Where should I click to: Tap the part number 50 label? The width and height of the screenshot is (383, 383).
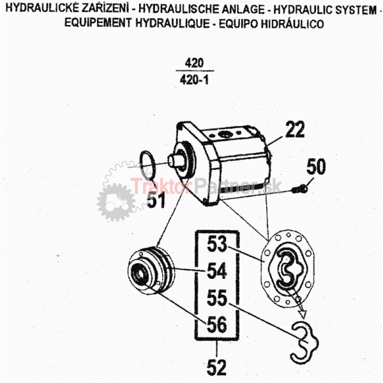point(316,167)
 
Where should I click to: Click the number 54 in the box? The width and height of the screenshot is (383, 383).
point(216,271)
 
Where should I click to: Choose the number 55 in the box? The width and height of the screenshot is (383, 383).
point(216,298)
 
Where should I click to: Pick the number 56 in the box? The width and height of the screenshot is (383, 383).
point(216,325)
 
